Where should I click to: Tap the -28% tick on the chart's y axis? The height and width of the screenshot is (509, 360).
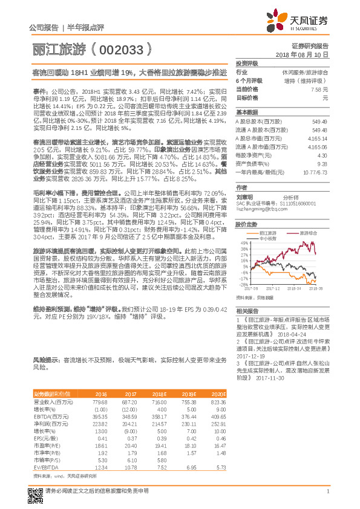click(x=242, y=268)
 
